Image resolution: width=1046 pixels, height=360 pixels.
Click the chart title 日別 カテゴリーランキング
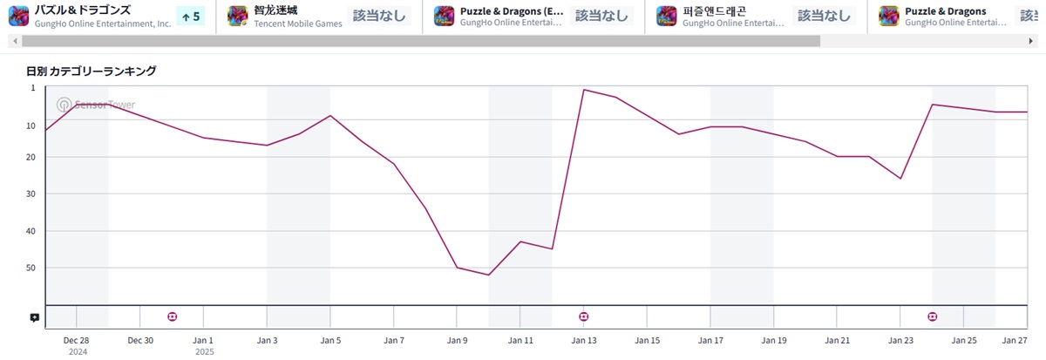coord(92,71)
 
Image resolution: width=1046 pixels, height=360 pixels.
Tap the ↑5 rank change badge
coord(191,16)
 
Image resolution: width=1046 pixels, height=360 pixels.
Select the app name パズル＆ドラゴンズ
coord(83,10)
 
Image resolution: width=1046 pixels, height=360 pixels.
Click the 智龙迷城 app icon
coord(238,16)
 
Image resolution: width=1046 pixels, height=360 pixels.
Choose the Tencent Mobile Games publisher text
coord(297,24)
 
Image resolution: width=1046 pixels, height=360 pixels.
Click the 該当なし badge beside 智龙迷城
coord(378,16)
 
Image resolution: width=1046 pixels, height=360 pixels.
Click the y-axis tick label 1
coord(33,88)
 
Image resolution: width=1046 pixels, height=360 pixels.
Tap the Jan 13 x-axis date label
coord(583,340)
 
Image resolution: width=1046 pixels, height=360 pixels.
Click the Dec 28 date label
coord(77,340)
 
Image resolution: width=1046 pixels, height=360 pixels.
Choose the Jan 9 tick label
coord(457,340)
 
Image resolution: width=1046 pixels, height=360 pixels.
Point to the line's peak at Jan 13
coord(583,89)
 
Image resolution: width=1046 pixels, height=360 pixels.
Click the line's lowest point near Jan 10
coord(489,275)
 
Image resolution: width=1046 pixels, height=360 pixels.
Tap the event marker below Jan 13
coord(583,316)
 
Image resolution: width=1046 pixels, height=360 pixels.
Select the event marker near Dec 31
coord(172,316)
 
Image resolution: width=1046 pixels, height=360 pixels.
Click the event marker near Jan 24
coord(932,316)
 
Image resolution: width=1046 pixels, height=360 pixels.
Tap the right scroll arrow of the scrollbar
coord(1030,41)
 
